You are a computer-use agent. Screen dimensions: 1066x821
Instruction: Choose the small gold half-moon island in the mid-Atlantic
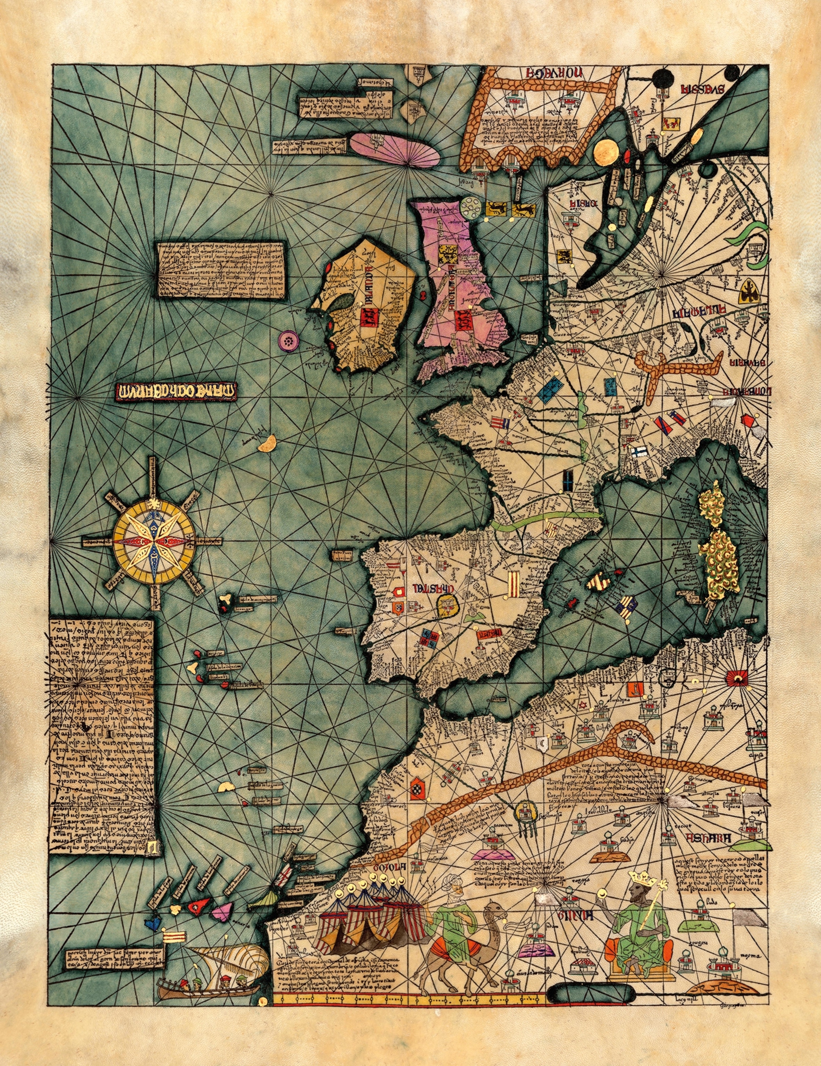click(x=268, y=445)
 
